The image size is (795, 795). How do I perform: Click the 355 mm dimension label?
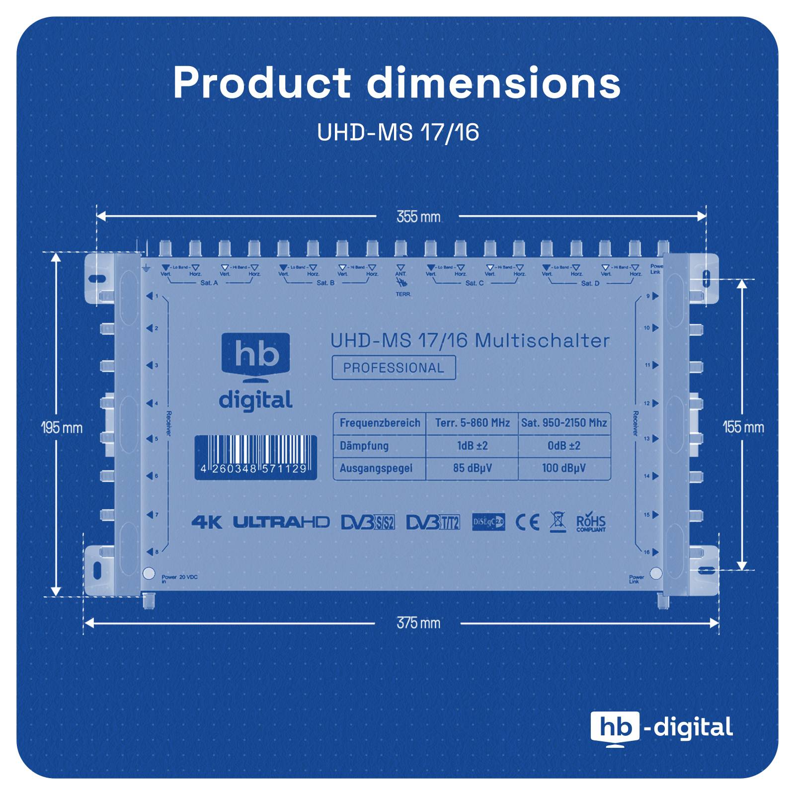(x=418, y=217)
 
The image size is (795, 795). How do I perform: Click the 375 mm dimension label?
(x=418, y=623)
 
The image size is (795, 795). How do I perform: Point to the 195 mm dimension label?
(x=62, y=428)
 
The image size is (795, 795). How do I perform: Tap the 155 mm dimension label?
(x=743, y=427)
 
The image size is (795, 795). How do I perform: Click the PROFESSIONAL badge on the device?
(x=394, y=368)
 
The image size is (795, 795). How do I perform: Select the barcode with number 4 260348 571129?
(x=255, y=457)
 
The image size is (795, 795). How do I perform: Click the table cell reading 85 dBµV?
(x=472, y=468)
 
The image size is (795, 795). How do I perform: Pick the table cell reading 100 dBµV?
(x=563, y=468)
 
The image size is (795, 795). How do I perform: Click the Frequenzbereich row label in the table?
(x=380, y=423)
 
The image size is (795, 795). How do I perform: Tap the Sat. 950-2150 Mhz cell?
(x=564, y=423)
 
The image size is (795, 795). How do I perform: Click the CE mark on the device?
(x=527, y=522)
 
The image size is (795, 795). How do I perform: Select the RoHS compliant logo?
(x=591, y=523)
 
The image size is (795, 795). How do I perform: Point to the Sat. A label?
(x=209, y=283)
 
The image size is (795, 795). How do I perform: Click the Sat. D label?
(x=590, y=283)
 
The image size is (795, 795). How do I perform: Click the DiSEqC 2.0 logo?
(x=488, y=522)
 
